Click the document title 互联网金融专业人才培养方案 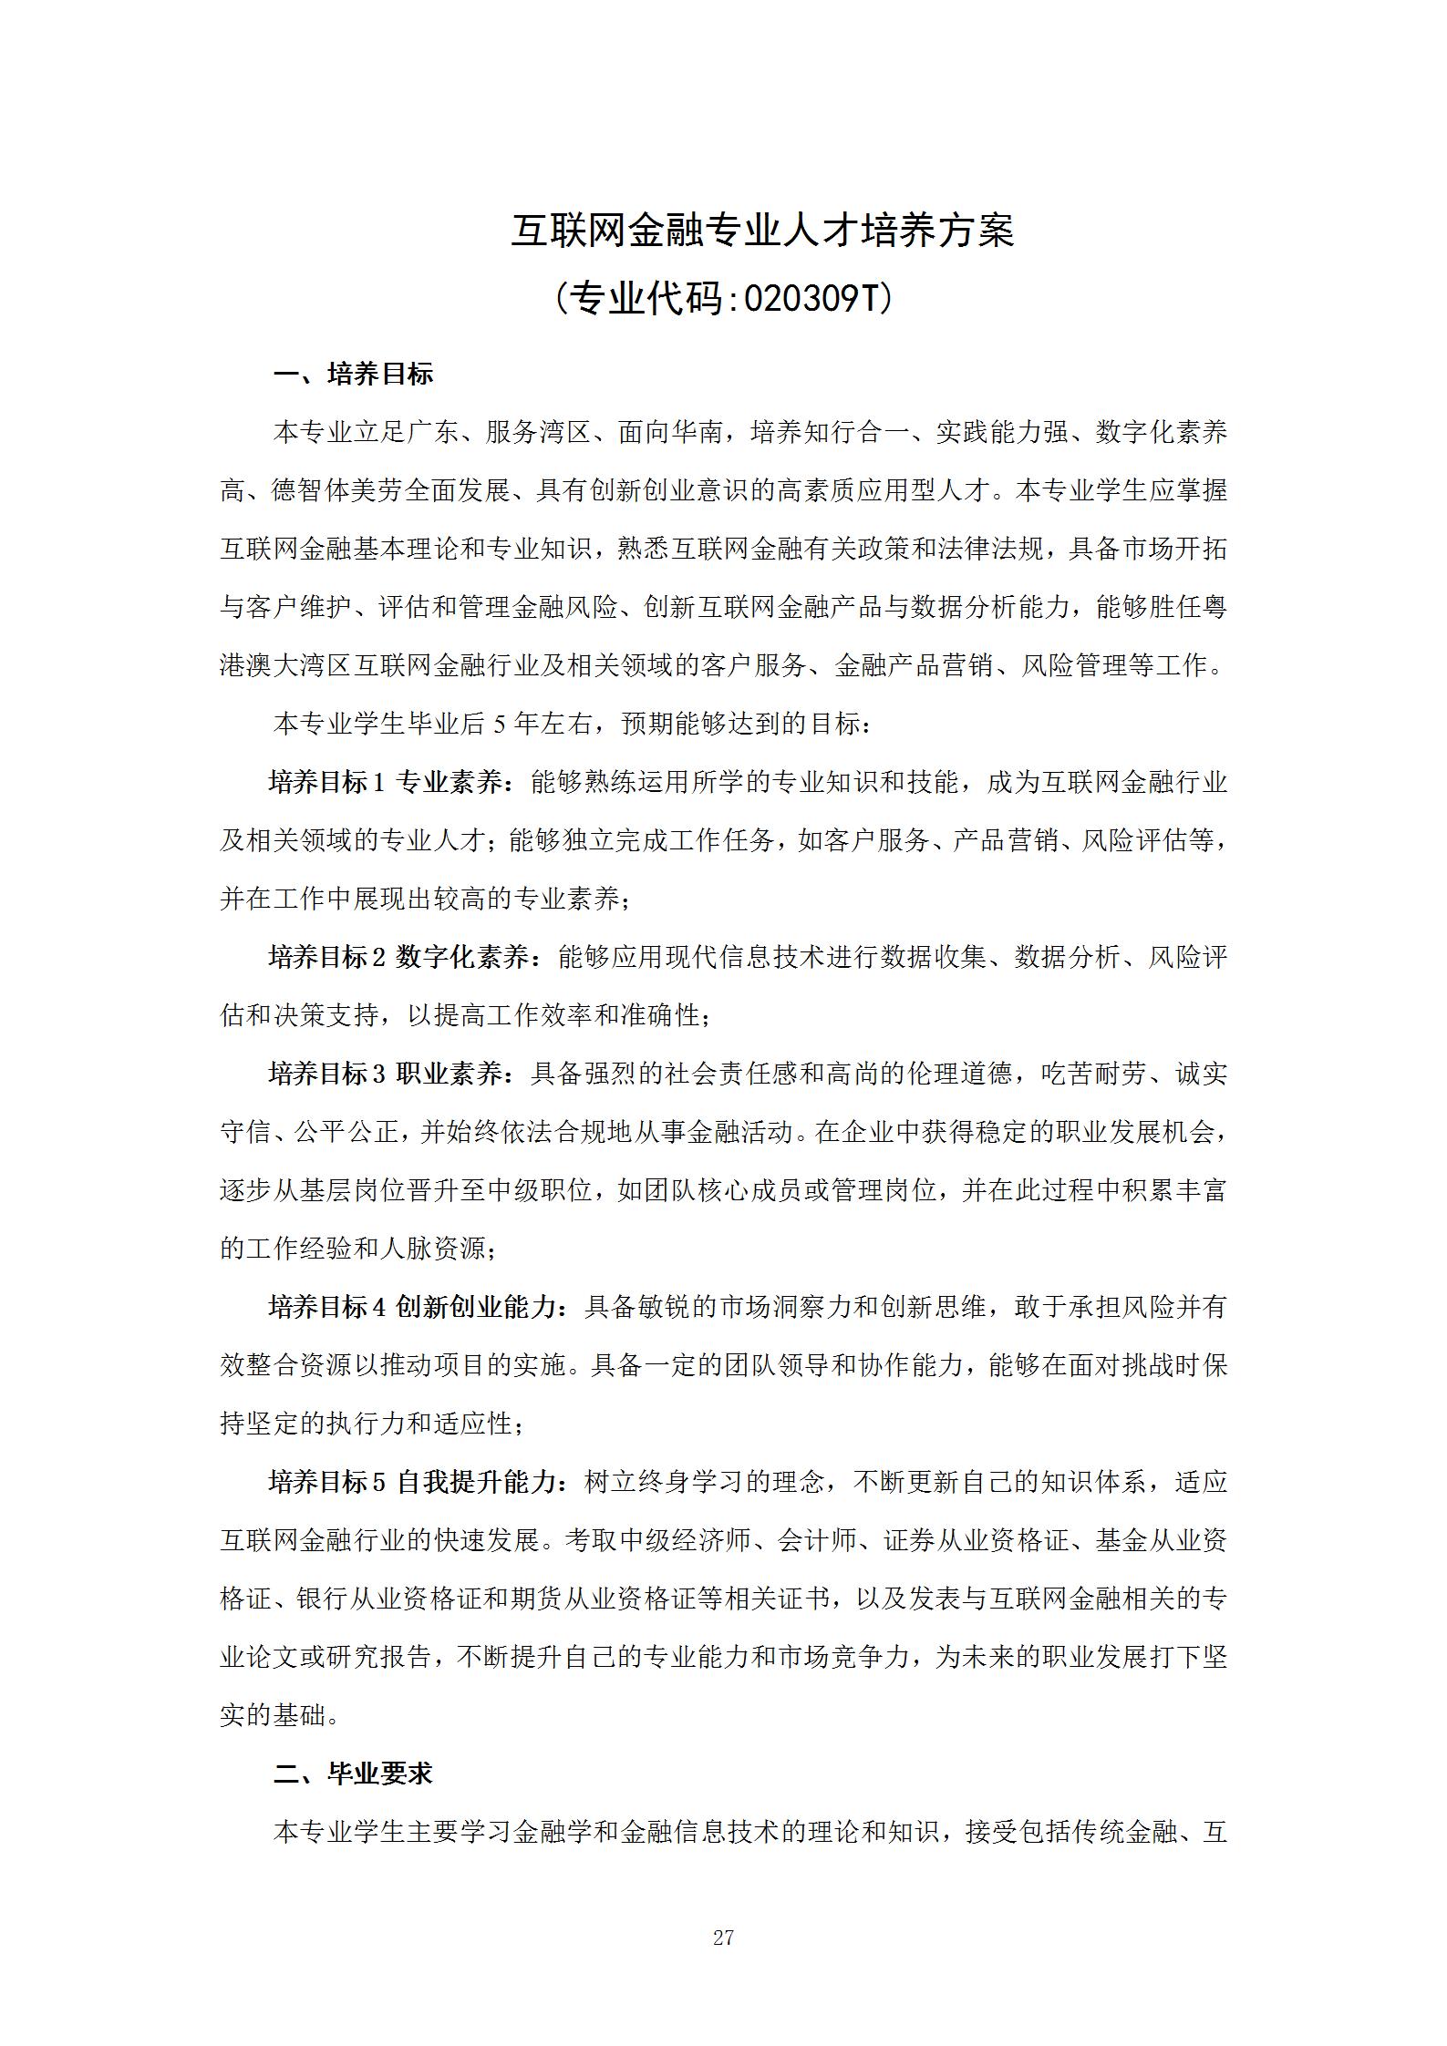click(x=761, y=231)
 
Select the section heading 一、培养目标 click(x=354, y=374)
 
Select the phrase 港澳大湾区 click(x=285, y=665)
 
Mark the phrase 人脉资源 click(x=432, y=1249)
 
